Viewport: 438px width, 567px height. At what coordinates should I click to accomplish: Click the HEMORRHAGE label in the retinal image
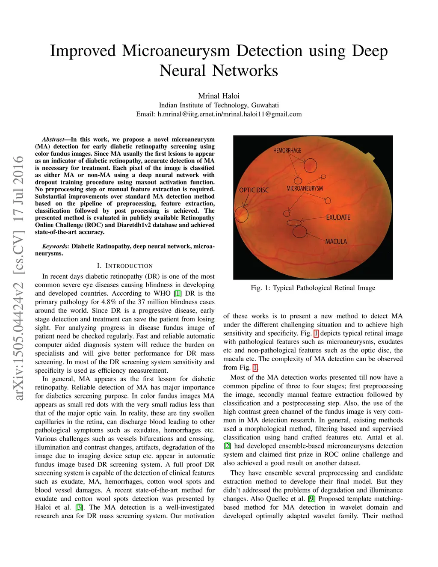coord(287,150)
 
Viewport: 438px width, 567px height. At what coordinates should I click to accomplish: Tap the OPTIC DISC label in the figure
coord(254,190)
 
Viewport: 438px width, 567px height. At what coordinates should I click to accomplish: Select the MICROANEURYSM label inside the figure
coord(305,188)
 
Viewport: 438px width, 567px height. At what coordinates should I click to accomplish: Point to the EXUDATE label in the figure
coord(338,217)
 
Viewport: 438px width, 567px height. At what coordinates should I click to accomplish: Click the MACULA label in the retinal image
coord(336,242)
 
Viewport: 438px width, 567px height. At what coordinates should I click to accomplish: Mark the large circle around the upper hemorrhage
coord(310,165)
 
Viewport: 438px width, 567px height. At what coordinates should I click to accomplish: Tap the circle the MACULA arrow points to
coord(299,232)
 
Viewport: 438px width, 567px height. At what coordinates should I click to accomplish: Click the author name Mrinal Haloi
coord(219,96)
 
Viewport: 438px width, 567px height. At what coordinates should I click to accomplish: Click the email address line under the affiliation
coord(219,114)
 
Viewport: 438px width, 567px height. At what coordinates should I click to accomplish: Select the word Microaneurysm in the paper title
coord(176,51)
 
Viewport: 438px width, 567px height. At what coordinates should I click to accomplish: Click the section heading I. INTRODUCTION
coord(124,266)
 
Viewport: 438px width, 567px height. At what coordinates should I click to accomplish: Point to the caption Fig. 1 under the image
coord(313,288)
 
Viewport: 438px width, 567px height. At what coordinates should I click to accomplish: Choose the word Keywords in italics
coord(55,246)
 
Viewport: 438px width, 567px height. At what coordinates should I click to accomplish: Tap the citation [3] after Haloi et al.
coord(80,508)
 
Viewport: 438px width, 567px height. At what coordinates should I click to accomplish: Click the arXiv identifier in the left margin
coord(18,278)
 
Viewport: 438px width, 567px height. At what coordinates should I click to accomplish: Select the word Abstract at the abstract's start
coord(53,140)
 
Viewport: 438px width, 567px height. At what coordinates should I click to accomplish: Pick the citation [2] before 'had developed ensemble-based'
coord(227,446)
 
